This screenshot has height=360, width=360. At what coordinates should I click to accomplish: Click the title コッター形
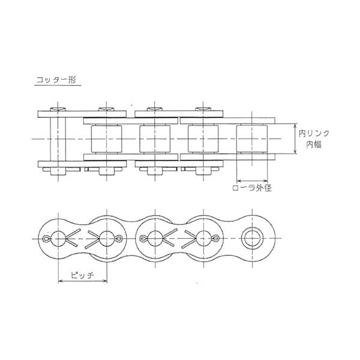tap(56, 80)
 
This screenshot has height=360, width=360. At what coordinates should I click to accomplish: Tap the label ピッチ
tap(82, 275)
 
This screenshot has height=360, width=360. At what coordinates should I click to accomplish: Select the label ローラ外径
tap(251, 188)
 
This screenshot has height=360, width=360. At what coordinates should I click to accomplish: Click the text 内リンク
tap(314, 133)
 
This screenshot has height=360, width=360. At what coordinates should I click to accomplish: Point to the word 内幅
tap(314, 145)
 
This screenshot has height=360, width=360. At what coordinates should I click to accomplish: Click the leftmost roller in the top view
tap(107, 139)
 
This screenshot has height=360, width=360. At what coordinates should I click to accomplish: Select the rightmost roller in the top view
tap(252, 139)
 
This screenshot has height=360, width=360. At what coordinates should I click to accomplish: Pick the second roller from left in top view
tap(155, 139)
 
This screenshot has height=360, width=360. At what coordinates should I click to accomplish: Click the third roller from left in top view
tap(203, 139)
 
